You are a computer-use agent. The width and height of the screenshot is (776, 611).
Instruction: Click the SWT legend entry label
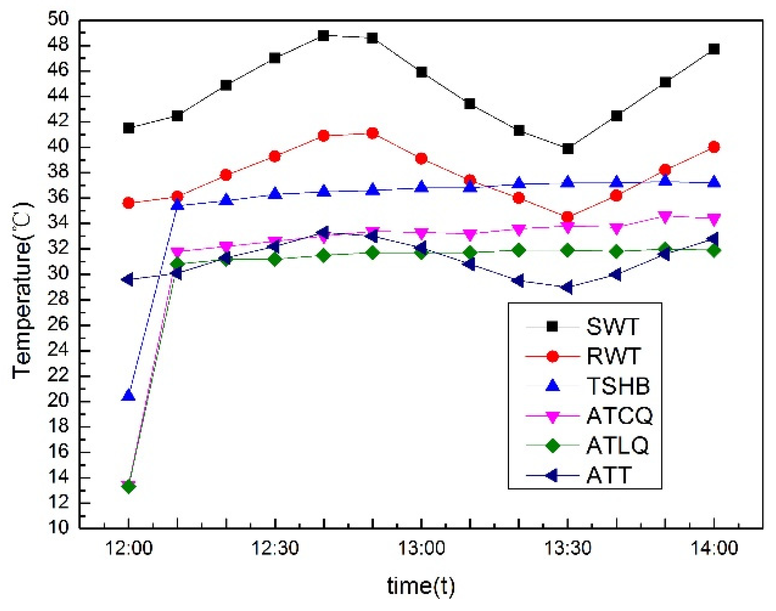click(x=612, y=327)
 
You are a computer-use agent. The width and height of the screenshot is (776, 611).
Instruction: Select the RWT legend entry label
click(x=613, y=356)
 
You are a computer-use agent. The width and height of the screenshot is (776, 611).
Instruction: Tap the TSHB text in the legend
click(x=618, y=386)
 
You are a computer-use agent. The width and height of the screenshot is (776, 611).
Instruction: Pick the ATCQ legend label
click(x=619, y=415)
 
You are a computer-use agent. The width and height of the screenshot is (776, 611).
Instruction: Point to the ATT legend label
click(x=609, y=475)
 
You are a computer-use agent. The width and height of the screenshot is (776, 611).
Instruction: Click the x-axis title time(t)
click(x=421, y=586)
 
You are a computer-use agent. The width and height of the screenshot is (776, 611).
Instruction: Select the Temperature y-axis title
click(x=22, y=290)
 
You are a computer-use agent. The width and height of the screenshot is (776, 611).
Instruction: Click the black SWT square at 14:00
click(x=714, y=49)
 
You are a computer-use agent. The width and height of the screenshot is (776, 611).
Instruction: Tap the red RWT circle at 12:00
click(x=129, y=203)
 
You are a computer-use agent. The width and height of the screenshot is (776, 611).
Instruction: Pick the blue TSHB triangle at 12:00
click(x=129, y=395)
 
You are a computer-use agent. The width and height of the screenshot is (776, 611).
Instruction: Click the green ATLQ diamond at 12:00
click(x=129, y=486)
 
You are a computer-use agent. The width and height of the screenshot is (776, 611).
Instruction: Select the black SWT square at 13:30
click(x=568, y=149)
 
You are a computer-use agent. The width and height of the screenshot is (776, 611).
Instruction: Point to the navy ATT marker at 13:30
click(x=567, y=287)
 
